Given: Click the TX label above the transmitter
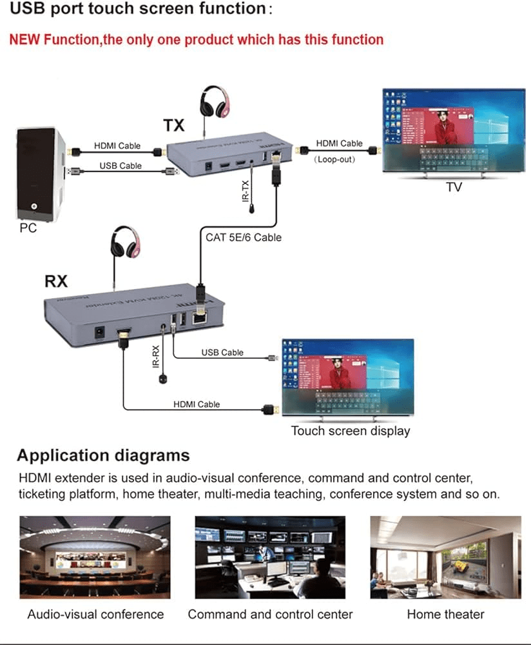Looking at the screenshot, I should [174, 124].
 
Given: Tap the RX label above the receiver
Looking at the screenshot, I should [56, 281].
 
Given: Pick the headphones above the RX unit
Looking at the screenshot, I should [126, 243].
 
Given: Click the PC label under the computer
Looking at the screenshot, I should [28, 228].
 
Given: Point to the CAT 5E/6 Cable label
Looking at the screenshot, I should [244, 237].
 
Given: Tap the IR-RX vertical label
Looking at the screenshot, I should [155, 355].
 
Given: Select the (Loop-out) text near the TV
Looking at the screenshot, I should [334, 159].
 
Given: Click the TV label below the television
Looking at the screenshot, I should [454, 187].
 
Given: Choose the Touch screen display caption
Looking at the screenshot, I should [351, 431].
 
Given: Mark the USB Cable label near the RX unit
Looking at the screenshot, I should [222, 352].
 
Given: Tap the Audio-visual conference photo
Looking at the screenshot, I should [95, 557].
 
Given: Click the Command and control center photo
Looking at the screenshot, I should [270, 557].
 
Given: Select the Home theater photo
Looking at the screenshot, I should [445, 557].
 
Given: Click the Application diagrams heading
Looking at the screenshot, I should [103, 455].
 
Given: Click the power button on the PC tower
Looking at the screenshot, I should [33, 208].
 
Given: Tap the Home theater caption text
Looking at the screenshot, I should [445, 614].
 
